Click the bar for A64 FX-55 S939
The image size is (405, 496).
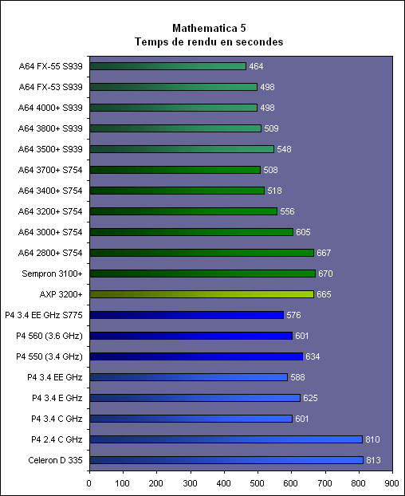(168, 66)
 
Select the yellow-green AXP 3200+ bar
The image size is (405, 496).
(202, 294)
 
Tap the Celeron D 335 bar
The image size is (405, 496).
(226, 460)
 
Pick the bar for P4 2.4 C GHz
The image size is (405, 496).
(226, 439)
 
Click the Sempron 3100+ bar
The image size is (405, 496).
(202, 274)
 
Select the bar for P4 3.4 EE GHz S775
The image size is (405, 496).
(187, 315)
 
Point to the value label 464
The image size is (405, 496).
(256, 66)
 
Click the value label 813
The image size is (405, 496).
(373, 460)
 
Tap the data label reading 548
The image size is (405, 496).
(284, 149)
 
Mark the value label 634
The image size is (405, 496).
(313, 356)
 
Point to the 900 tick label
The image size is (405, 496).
(392, 483)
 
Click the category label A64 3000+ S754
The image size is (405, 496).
(50, 232)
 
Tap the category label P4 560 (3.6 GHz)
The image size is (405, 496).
(49, 336)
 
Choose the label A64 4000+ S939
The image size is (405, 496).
(50, 108)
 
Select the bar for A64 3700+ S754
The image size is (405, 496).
(175, 170)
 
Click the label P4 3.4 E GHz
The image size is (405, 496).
(57, 398)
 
